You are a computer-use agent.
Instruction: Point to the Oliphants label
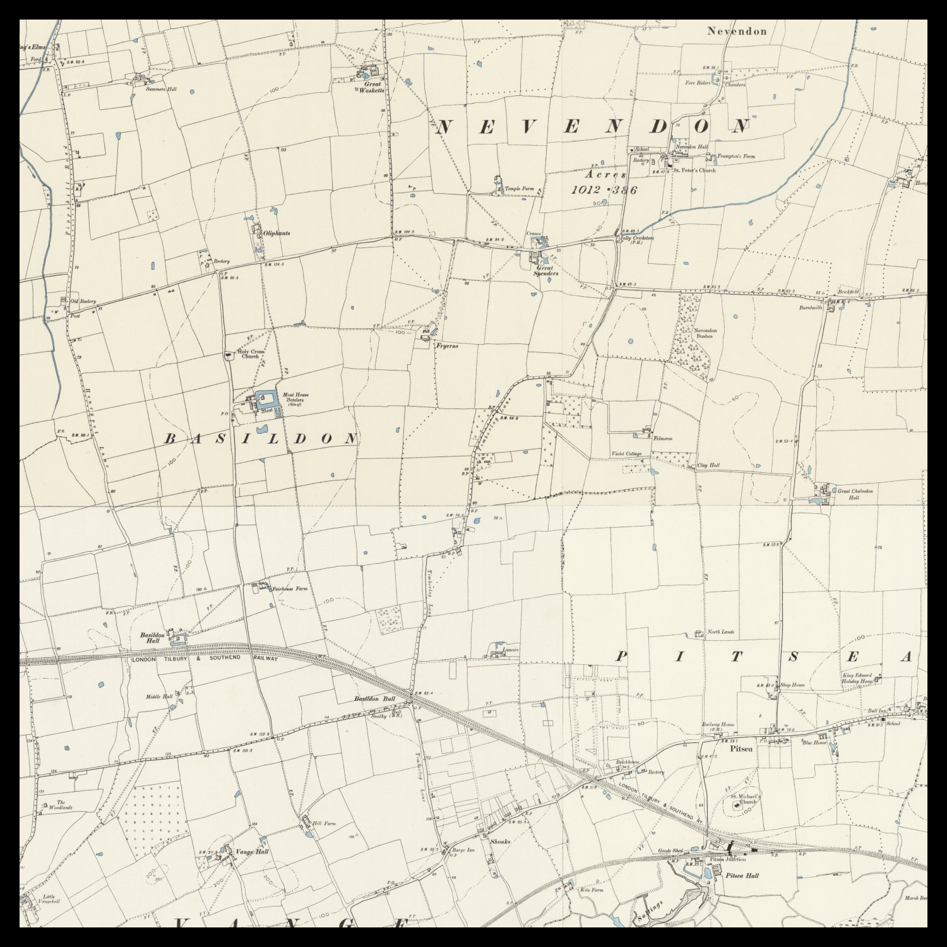[x=277, y=233]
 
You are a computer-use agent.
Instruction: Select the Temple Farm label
[x=519, y=188]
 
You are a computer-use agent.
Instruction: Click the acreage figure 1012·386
[x=604, y=189]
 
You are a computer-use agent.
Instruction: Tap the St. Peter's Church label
[x=694, y=170]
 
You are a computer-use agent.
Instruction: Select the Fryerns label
[x=446, y=346]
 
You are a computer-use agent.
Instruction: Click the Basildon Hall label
[x=152, y=637]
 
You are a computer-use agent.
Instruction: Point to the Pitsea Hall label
[x=742, y=876]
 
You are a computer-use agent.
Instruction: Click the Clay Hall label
[x=708, y=465]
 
